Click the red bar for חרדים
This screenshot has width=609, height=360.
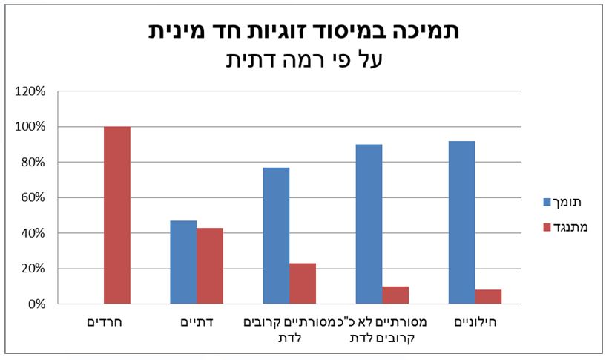[117, 215]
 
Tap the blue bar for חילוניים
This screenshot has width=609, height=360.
[461, 223]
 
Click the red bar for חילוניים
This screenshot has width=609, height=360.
[488, 296]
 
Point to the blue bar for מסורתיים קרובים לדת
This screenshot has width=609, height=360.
[276, 236]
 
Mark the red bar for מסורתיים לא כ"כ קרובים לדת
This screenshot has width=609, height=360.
[395, 295]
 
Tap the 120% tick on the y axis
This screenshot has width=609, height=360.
[31, 91]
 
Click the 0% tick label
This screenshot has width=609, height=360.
[36, 304]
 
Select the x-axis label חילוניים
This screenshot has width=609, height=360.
[475, 324]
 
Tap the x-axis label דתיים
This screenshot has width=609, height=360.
[197, 324]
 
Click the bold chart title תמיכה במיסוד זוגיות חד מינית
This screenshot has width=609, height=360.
[304, 31]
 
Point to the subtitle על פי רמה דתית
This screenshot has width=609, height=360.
[304, 59]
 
